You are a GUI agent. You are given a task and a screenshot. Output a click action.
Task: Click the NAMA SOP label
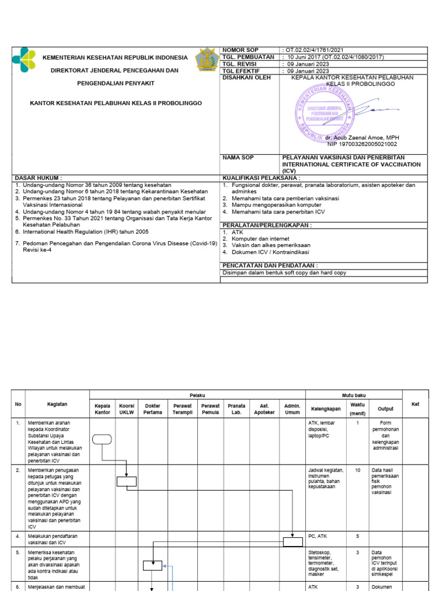coord(238,157)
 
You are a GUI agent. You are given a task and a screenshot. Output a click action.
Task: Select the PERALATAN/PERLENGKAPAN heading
coord(266,225)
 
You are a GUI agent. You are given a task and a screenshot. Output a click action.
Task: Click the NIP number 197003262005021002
coord(362,144)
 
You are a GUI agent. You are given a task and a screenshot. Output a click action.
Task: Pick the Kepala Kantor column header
coord(102,409)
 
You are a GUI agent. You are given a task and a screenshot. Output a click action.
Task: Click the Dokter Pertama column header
coord(153,409)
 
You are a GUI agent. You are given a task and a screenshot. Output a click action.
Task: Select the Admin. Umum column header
coord(292,409)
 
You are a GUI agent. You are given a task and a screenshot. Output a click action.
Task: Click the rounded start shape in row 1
coord(102,439)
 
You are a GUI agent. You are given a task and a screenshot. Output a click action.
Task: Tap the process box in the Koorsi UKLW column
coord(126,481)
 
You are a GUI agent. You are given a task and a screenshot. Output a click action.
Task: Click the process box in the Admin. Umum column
coord(292,541)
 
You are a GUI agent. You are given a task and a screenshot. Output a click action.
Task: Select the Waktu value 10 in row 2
coord(358,470)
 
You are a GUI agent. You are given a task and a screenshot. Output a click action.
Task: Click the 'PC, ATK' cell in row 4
coord(318,536)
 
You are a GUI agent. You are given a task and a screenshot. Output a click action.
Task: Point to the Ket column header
coord(415,404)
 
